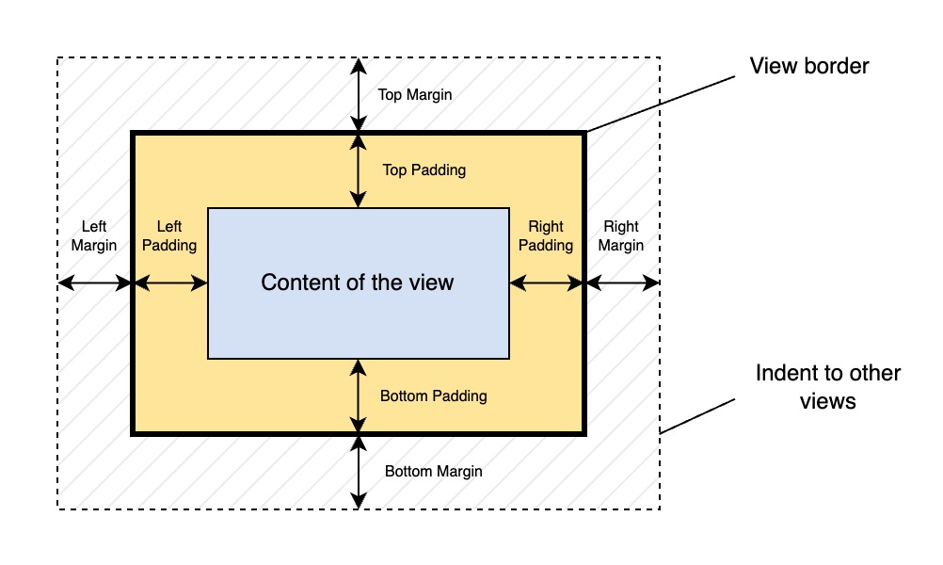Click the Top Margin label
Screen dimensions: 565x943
pyautogui.click(x=414, y=95)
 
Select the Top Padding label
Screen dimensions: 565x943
pyautogui.click(x=424, y=170)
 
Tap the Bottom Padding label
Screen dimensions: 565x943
pyautogui.click(x=433, y=396)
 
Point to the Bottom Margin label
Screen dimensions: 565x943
pyautogui.click(x=433, y=472)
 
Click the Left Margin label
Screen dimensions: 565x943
pyautogui.click(x=94, y=236)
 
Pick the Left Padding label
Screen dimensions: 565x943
pyautogui.click(x=169, y=236)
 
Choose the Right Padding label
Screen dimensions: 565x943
pyautogui.click(x=546, y=236)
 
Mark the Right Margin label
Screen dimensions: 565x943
pyautogui.click(x=621, y=236)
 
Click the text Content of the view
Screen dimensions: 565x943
pyautogui.click(x=358, y=282)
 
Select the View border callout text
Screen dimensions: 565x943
pyautogui.click(x=809, y=67)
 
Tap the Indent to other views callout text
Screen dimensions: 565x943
pyautogui.click(x=828, y=387)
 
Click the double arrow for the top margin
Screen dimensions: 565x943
pyautogui.click(x=359, y=94)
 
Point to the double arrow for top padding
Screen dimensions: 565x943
pyautogui.click(x=359, y=170)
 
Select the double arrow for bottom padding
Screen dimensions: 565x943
pyautogui.click(x=359, y=396)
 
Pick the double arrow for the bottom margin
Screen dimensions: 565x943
pyautogui.click(x=359, y=472)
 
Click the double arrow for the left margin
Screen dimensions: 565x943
pyautogui.click(x=94, y=282)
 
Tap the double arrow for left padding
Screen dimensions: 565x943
pyautogui.click(x=170, y=282)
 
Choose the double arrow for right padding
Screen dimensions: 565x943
pyautogui.click(x=547, y=282)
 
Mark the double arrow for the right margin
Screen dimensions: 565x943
pyautogui.click(x=622, y=282)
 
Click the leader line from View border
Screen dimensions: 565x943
pyautogui.click(x=659, y=103)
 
